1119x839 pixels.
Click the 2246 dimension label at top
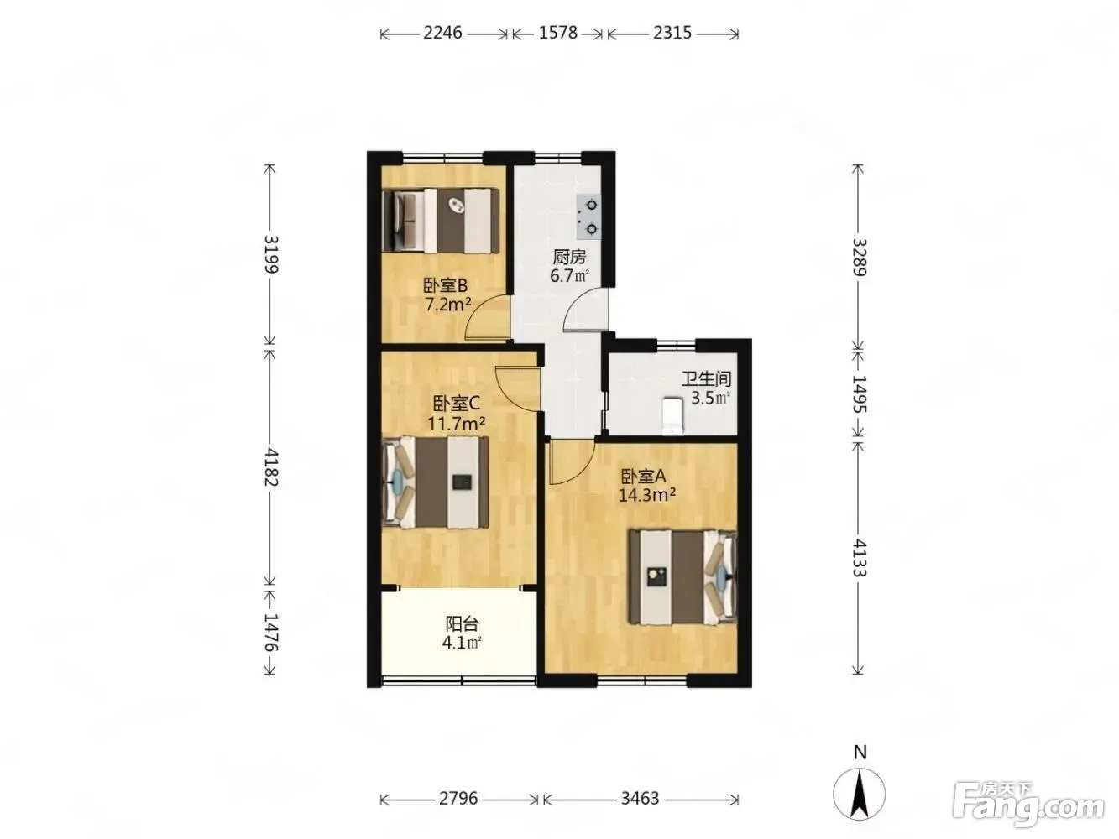tap(442, 33)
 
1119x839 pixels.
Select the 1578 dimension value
tap(557, 33)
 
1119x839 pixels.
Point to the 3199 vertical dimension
tap(270, 255)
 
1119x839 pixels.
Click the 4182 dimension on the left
tap(270, 467)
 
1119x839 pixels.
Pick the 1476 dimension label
tap(270, 632)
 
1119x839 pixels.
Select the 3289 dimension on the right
tap(859, 257)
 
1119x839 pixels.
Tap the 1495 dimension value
tap(859, 393)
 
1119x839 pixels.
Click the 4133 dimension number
tap(859, 557)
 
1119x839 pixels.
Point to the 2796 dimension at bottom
tap(458, 798)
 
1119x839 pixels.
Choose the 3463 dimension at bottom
tap(640, 798)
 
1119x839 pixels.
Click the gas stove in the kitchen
tap(588, 217)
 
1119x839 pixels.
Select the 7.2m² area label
tap(448, 305)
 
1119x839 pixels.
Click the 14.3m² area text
tap(647, 494)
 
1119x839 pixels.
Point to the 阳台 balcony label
tap(462, 623)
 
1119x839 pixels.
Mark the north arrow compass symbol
tap(859, 794)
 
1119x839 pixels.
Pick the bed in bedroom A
tap(682, 576)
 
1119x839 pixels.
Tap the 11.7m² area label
tap(456, 424)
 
